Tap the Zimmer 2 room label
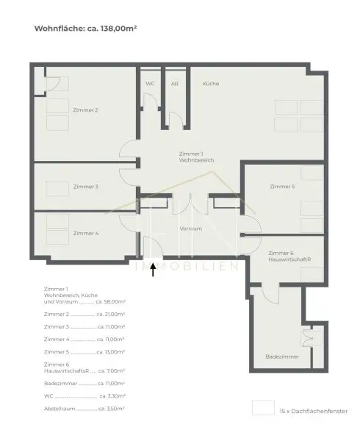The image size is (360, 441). (86, 110)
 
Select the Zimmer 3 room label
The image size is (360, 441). (86, 187)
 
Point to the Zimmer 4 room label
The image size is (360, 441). (86, 233)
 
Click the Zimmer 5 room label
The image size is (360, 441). (282, 187)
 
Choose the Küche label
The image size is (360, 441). (211, 84)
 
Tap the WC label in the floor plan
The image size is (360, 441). (150, 84)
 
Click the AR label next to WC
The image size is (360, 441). (174, 84)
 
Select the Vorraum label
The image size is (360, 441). (190, 229)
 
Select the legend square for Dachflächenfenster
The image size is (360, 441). (261, 408)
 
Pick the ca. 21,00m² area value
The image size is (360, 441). (110, 314)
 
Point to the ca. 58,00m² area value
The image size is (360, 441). (110, 301)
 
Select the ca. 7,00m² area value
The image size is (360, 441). (110, 370)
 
